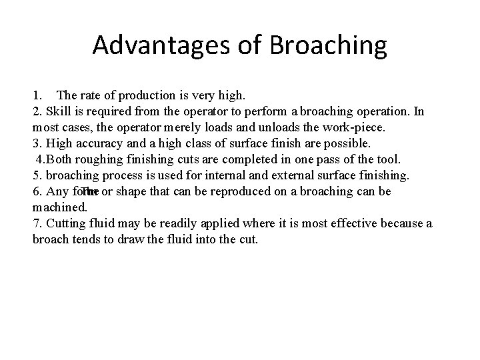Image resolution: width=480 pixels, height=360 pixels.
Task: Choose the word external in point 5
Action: [x=285, y=175]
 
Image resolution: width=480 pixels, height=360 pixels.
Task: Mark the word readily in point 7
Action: [x=188, y=223]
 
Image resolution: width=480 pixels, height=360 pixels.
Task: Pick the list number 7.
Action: [x=36, y=223]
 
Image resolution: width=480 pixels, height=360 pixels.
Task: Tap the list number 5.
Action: [x=36, y=175]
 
